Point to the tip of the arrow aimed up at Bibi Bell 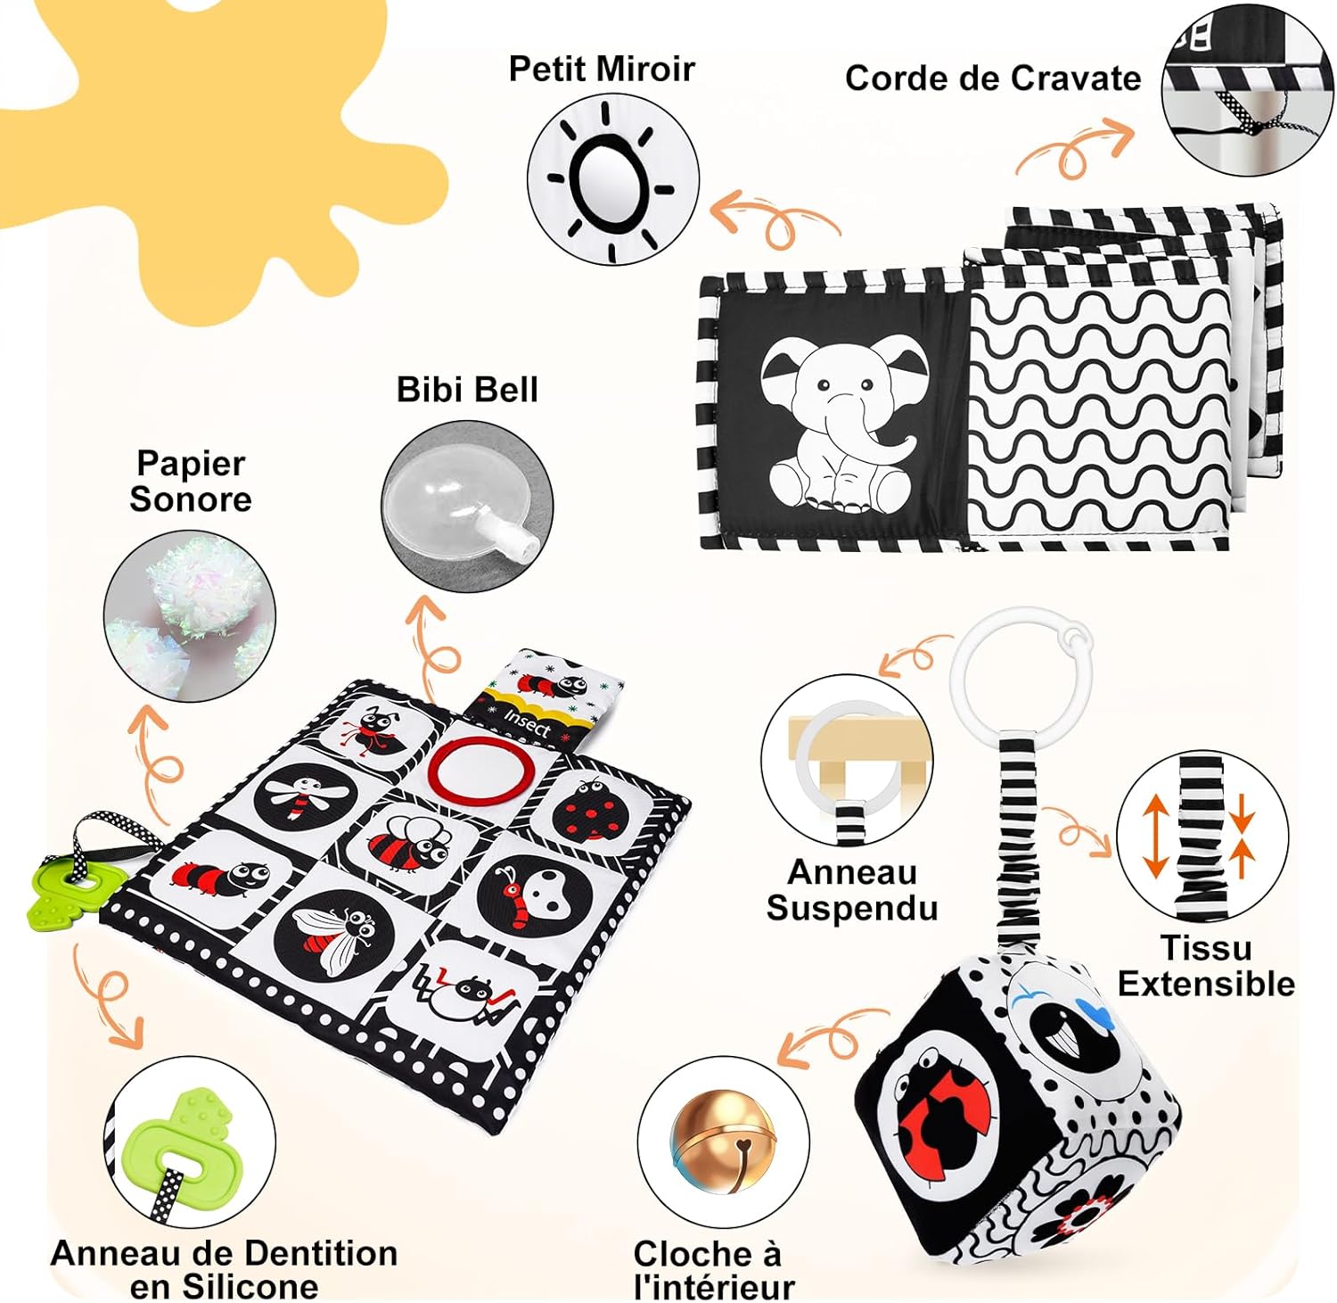[425, 597]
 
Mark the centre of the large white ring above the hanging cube [1020, 671]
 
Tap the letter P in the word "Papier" [148, 465]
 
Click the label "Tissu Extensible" [1206, 965]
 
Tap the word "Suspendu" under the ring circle [852, 908]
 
